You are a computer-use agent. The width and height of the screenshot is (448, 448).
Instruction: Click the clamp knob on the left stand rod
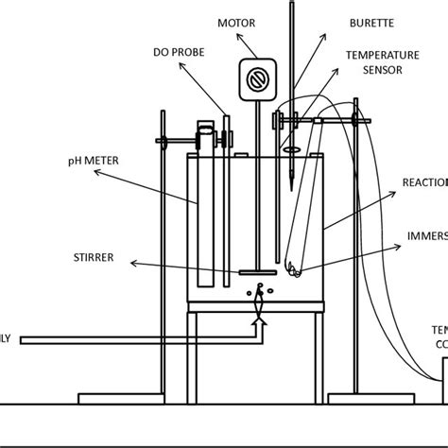click(x=164, y=143)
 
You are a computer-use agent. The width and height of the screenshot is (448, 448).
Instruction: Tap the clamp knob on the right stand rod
click(x=356, y=119)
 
